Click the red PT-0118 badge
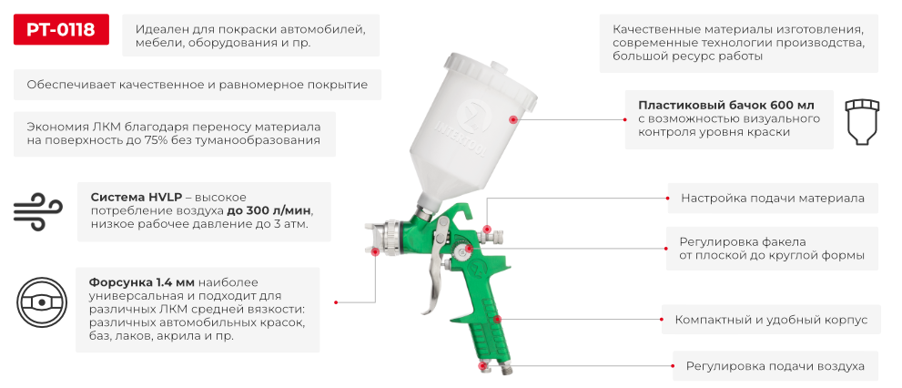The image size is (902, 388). [x=61, y=30]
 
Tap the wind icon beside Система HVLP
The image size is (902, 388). [x=37, y=210]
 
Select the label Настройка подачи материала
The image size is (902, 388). [x=773, y=197]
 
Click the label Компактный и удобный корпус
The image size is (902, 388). [x=770, y=321]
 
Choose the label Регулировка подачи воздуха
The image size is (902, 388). [x=775, y=366]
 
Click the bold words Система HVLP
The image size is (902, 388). [x=137, y=196]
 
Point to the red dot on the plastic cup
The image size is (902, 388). [x=513, y=119]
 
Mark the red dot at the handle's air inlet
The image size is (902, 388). [x=483, y=366]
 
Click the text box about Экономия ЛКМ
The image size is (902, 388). [x=174, y=133]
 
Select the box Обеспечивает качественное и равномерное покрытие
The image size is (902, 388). [x=197, y=85]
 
